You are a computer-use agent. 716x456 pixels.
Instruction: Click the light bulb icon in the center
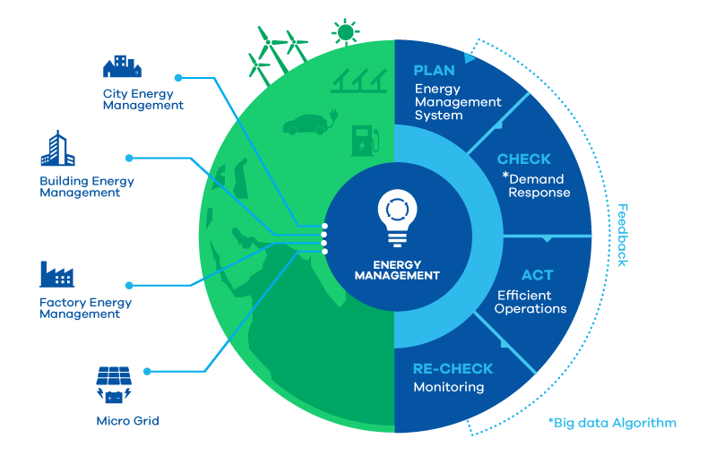395,218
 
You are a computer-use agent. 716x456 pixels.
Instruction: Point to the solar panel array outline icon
358,82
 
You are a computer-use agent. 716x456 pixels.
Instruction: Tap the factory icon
56,274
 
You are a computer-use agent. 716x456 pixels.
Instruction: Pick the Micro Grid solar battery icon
114,384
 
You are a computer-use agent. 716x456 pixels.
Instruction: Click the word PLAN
434,71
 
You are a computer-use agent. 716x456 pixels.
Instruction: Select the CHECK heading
524,159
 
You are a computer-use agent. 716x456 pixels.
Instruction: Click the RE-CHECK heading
453,368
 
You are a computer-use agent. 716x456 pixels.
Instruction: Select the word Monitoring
448,387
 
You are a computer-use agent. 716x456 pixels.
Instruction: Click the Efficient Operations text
531,302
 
